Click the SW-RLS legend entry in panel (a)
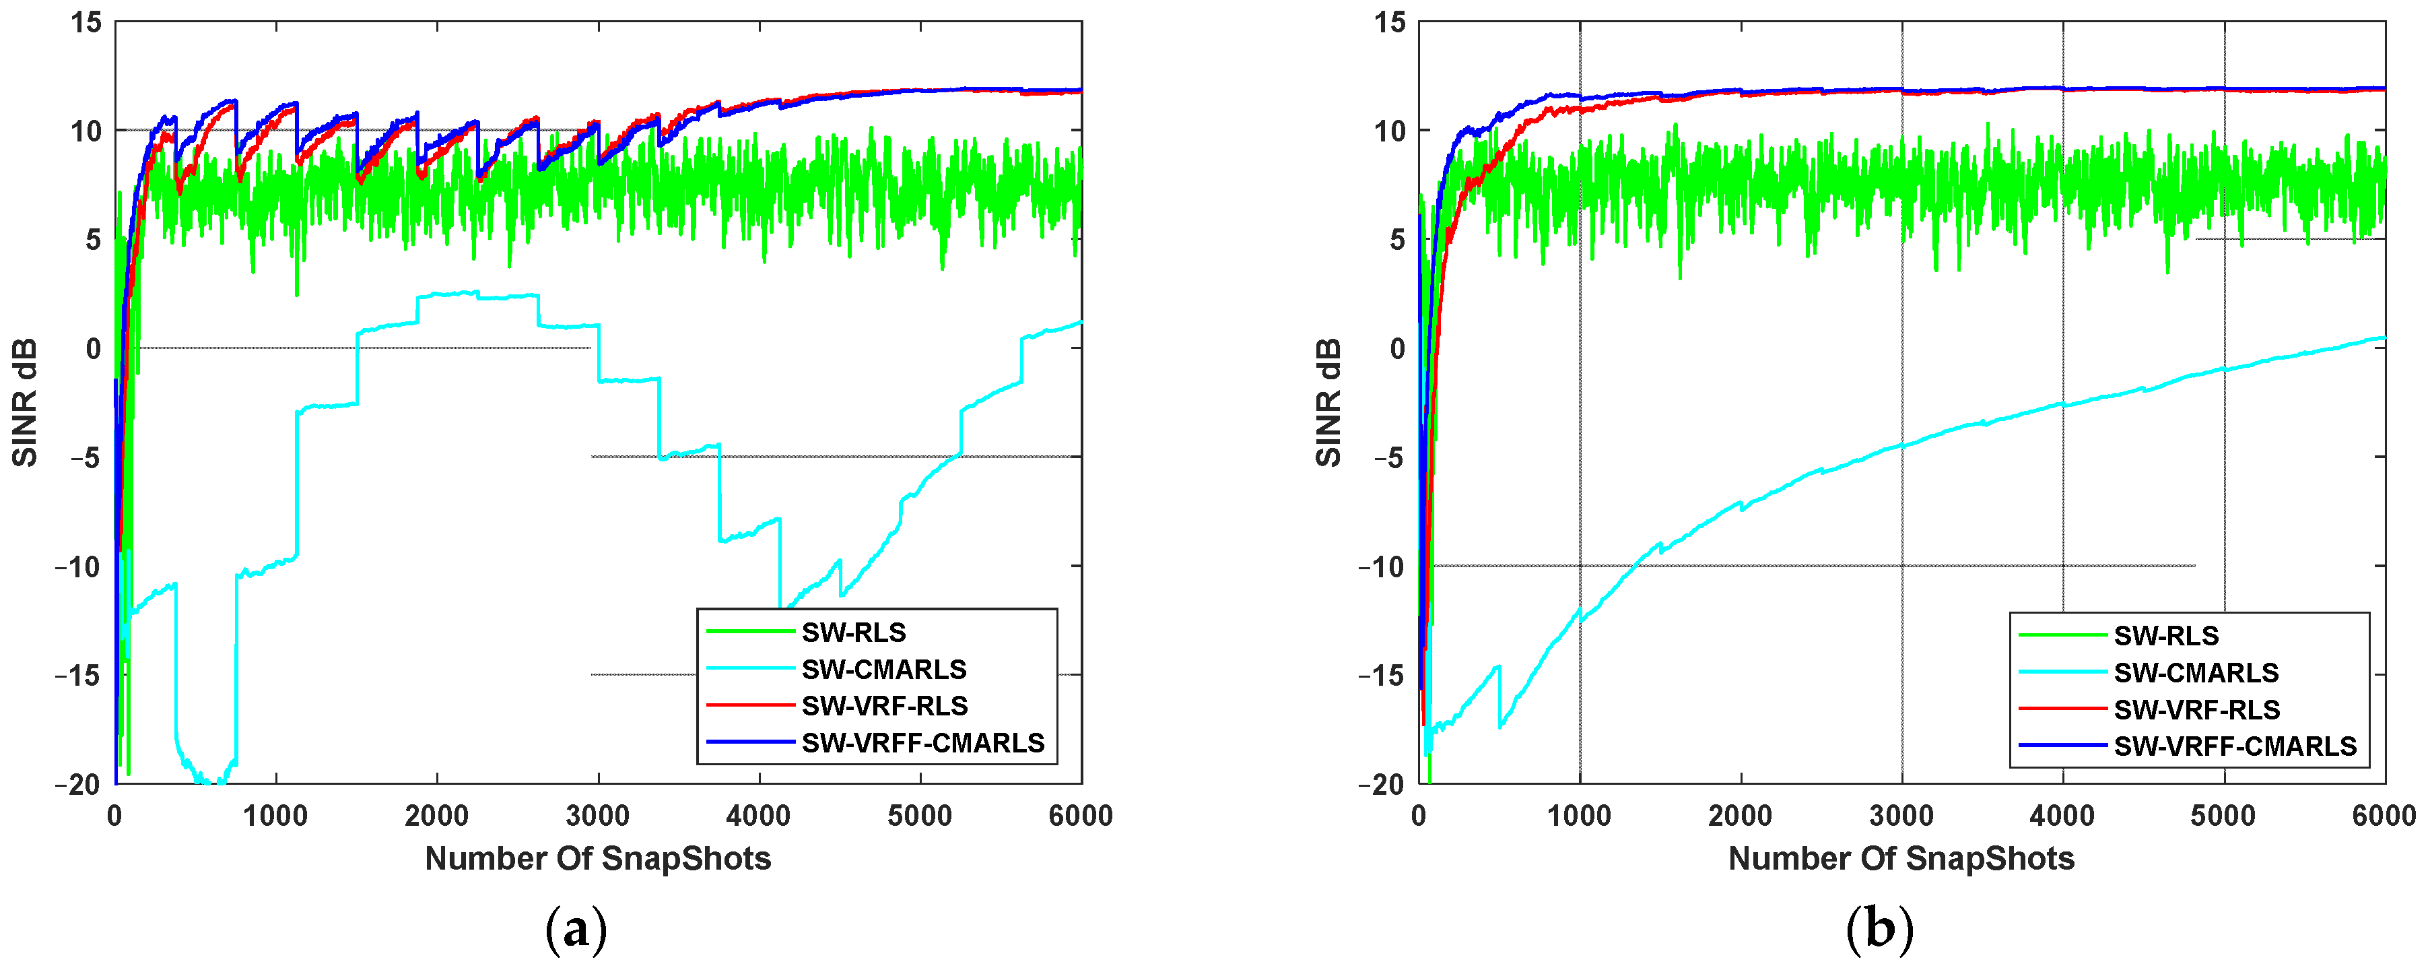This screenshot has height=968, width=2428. tap(853, 633)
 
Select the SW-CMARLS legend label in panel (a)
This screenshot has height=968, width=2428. tap(883, 669)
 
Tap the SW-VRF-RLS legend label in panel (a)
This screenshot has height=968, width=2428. tap(884, 706)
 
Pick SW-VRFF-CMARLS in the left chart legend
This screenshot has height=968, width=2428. tap(922, 743)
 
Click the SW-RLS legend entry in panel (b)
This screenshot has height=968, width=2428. tap(2166, 636)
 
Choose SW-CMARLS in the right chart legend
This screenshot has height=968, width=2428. tap(2195, 673)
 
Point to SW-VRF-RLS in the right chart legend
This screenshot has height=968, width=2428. tap(2196, 710)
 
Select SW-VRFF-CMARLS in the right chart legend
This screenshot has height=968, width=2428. tap(2235, 746)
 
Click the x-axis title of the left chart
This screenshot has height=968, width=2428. tap(598, 859)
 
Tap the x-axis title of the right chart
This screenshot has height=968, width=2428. tap(1901, 859)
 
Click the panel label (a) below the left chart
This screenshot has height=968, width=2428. tap(576, 930)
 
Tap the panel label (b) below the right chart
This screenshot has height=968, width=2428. tap(1879, 930)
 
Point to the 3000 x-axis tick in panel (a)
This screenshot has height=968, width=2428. tap(598, 815)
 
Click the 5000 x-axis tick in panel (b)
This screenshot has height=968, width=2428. tap(2223, 815)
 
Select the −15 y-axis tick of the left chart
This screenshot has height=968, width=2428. tap(78, 676)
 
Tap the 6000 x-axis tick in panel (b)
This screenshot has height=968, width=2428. tap(2384, 815)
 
